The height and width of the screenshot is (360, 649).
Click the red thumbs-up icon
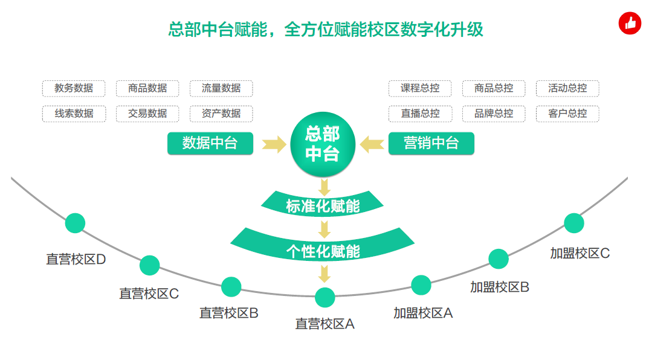pyautogui.click(x=630, y=23)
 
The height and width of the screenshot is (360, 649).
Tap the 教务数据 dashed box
pyautogui.click(x=74, y=88)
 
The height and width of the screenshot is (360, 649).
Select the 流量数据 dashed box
pyautogui.click(x=221, y=88)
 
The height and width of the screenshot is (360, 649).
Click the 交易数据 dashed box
pyautogui.click(x=147, y=114)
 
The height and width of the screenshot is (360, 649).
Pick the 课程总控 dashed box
pyautogui.click(x=420, y=88)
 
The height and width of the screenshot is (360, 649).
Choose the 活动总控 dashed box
pyautogui.click(x=567, y=88)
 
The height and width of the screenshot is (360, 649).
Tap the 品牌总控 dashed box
pyautogui.click(x=494, y=114)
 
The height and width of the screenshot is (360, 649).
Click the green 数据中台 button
pyautogui.click(x=210, y=143)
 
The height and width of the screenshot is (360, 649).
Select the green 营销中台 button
pyautogui.click(x=431, y=143)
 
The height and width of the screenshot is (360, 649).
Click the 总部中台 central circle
pyautogui.click(x=323, y=144)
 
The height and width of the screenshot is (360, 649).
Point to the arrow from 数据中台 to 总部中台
pyautogui.click(x=274, y=144)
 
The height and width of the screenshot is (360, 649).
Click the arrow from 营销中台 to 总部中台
pyautogui.click(x=372, y=144)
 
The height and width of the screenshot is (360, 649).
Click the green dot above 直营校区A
pyautogui.click(x=325, y=297)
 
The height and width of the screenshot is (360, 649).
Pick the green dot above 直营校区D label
pyautogui.click(x=76, y=223)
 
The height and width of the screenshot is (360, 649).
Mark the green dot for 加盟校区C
pyautogui.click(x=574, y=223)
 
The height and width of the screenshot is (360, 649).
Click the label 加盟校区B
pyautogui.click(x=500, y=287)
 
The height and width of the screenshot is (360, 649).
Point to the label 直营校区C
pyautogui.click(x=149, y=294)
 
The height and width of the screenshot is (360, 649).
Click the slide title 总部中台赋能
pyautogui.click(x=218, y=30)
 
